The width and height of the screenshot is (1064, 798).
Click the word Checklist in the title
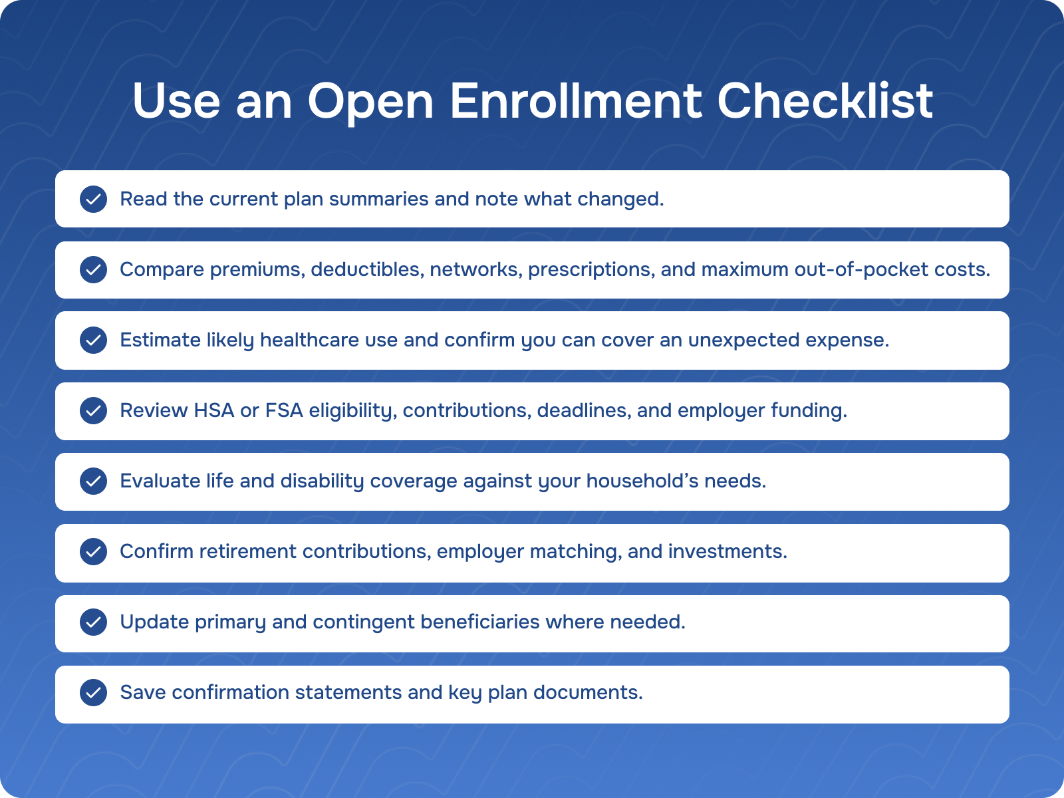coord(825,101)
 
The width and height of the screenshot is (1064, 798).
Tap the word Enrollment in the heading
coord(575,101)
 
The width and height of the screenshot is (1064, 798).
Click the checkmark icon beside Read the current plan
coord(94,199)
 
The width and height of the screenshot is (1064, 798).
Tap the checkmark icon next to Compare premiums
coord(94,270)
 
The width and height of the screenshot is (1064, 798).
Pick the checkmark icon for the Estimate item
coord(94,340)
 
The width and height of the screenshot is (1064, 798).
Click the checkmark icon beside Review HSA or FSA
coord(94,411)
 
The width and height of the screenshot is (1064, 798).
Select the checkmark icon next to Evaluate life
coord(94,481)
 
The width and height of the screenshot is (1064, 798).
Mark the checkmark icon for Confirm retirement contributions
coord(94,552)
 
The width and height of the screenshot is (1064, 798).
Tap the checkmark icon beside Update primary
coord(94,622)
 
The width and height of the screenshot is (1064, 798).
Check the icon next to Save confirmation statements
coord(94,693)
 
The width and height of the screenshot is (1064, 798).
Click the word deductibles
coord(368,269)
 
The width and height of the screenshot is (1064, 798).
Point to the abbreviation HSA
coord(215,410)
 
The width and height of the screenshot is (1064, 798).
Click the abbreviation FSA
coord(284,410)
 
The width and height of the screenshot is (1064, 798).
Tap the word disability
coord(322,481)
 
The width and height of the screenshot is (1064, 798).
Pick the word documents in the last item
coord(588,692)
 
